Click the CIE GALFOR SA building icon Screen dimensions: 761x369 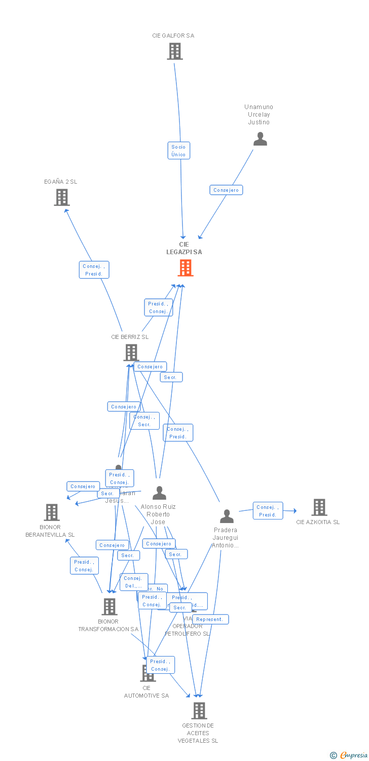click(175, 51)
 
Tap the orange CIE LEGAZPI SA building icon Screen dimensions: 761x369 click(186, 268)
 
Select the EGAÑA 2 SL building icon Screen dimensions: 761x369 click(61, 197)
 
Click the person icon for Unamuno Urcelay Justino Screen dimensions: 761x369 click(260, 139)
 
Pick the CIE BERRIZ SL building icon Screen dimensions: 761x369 click(131, 353)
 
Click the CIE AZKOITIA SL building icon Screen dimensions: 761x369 click(319, 507)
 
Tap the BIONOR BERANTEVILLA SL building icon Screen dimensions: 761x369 click(52, 512)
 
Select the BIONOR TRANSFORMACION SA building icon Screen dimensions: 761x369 click(109, 606)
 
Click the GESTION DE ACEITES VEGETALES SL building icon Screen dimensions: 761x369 click(199, 711)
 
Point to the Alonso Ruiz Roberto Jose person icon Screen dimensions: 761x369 click(159, 493)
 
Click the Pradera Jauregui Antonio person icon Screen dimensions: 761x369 click(227, 516)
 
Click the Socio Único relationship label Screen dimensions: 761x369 click(178, 151)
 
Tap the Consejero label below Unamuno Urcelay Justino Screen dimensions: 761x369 click(226, 190)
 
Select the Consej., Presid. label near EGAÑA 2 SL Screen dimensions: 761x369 click(94, 270)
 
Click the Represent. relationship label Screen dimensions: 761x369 click(210, 619)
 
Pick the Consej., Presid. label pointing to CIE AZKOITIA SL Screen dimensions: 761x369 click(268, 511)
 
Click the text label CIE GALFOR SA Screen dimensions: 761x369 click(173, 36)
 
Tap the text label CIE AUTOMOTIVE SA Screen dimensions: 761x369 click(146, 692)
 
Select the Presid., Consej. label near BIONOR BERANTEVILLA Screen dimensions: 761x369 click(84, 566)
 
